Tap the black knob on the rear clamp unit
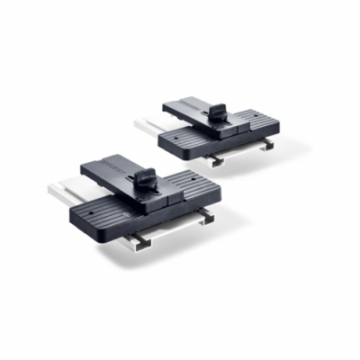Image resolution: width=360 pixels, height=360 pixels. point(219,114)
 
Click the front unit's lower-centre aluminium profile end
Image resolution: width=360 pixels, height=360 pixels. point(141,240)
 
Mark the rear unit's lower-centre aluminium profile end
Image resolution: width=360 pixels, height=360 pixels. point(216,159)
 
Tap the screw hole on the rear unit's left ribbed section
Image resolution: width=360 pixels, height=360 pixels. point(173,138)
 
